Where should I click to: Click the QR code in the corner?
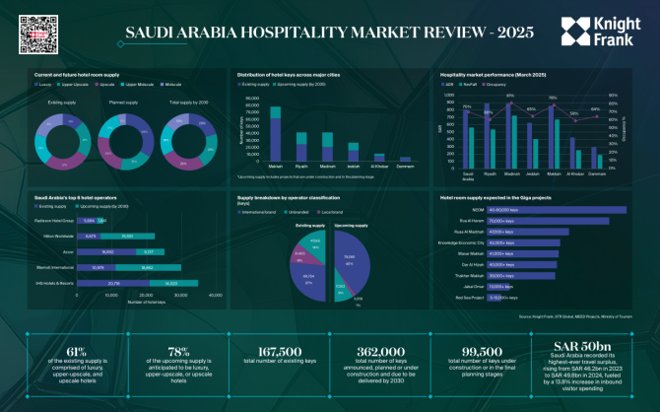tap(29, 31)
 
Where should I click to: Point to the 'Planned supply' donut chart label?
tap(123, 102)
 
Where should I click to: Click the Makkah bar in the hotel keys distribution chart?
tap(248, 128)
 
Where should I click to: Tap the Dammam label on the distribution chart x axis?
tap(405, 167)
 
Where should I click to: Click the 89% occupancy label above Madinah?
tap(510, 96)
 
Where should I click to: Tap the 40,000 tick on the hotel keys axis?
tap(207, 295)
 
